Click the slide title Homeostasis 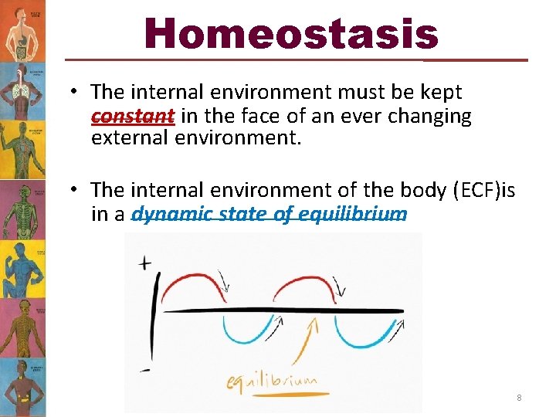coord(291,34)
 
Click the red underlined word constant coord(132,117)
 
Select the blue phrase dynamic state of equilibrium coord(269,214)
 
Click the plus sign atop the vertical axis coord(144,264)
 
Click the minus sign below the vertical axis coord(144,371)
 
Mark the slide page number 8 coord(519,398)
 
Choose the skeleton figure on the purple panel coord(22,208)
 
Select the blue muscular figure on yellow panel coord(22,266)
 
